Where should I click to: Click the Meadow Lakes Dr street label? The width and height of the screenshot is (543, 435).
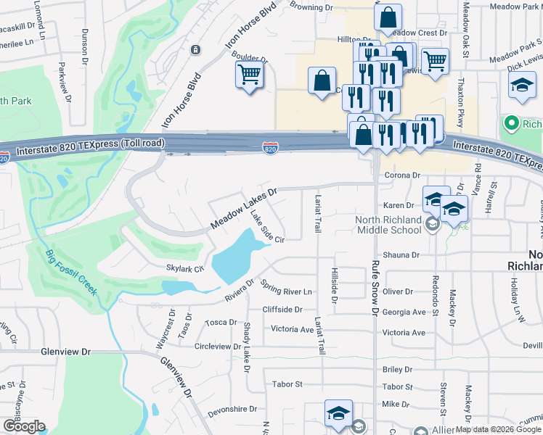[x=244, y=209]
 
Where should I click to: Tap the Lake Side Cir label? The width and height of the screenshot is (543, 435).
[x=266, y=226]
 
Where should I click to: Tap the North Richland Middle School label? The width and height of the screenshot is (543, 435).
[x=388, y=225]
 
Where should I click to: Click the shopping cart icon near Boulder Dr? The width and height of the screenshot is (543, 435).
[x=249, y=75]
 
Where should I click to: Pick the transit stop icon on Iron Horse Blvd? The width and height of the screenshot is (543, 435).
[x=195, y=49]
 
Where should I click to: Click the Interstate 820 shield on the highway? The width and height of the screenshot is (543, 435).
[x=269, y=148]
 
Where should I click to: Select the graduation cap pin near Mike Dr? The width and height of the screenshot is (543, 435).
[x=338, y=414]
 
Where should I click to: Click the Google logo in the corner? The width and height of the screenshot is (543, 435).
[x=24, y=426]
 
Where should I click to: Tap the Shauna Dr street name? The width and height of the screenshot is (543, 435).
[x=401, y=255]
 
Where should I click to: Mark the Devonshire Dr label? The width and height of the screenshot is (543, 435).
[x=232, y=409]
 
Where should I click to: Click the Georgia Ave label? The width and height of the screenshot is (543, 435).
[x=404, y=312]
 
